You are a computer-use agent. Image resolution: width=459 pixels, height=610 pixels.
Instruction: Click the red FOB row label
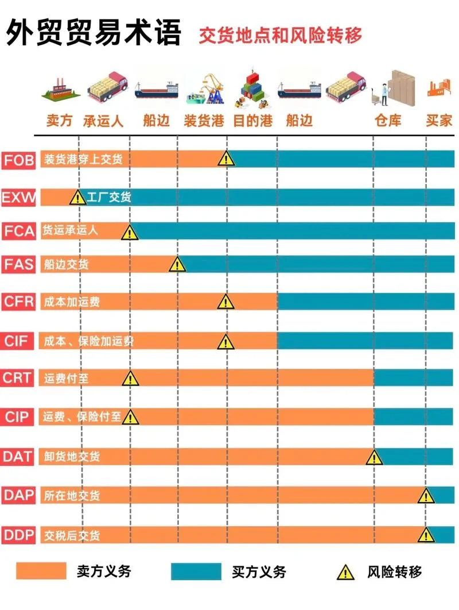pos(18,160)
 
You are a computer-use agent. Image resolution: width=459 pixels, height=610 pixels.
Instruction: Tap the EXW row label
pos(18,197)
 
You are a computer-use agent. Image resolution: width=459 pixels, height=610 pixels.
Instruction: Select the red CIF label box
pos(17,341)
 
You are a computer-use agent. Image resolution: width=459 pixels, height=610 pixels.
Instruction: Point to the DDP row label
pos(18,535)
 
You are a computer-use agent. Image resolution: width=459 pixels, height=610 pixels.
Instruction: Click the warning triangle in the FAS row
pos(177,265)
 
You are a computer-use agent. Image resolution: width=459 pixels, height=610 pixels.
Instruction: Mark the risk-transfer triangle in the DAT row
pos(374,457)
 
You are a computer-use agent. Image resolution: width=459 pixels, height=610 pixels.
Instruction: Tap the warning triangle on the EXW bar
pos(77,197)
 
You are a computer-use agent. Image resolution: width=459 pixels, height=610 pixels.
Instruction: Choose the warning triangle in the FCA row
pos(130,232)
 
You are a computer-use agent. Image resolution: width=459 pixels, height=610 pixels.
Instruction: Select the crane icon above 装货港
pos(205,90)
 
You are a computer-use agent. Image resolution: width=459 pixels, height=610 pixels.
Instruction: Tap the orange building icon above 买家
pos(439,88)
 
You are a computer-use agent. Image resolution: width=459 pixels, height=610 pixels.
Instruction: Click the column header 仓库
pos(387,121)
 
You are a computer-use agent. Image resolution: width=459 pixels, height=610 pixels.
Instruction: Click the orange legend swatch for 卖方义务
pos(41,571)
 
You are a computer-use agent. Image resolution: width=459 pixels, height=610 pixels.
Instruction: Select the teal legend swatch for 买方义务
pos(196,571)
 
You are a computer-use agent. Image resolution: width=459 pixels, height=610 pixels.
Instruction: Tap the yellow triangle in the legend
pos(345,573)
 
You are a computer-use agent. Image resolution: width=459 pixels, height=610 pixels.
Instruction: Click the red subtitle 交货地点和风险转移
pos(280,36)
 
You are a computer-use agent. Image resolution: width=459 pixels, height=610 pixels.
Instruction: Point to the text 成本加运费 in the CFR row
pos(72,302)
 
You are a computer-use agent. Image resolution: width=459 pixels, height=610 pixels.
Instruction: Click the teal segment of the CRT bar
pos(414,377)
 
